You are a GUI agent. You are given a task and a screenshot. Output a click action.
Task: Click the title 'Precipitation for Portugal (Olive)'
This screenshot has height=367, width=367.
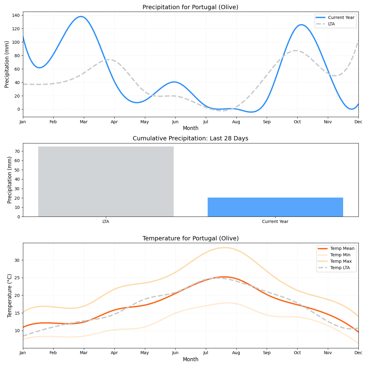click(190, 7)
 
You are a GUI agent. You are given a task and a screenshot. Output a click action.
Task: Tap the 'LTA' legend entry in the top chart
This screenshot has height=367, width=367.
click(331, 24)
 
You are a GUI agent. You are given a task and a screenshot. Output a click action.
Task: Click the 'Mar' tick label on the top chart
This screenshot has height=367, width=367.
click(83, 122)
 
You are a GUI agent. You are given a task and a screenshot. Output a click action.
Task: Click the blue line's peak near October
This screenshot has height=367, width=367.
click(302, 25)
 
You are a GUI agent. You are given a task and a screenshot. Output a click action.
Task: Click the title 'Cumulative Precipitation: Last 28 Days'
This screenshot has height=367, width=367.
click(190, 139)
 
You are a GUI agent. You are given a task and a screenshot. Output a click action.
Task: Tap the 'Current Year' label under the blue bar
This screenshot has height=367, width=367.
click(275, 221)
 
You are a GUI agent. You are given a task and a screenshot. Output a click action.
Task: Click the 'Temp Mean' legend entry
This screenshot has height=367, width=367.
click(342, 248)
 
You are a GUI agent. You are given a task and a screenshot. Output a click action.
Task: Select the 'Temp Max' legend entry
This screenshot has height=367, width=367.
click(341, 261)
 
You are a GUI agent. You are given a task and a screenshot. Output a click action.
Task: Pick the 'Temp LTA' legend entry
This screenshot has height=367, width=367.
click(340, 268)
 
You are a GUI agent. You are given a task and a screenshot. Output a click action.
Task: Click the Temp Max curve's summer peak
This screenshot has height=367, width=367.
click(224, 248)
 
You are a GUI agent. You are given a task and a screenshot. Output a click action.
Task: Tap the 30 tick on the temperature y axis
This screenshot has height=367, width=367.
click(17, 260)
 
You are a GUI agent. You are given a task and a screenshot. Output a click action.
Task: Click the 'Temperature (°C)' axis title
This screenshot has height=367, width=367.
click(10, 295)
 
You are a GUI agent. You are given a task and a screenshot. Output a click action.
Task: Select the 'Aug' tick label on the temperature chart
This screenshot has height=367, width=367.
click(236, 353)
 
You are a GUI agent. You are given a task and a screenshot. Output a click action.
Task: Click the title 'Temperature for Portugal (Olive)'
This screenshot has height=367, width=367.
click(190, 239)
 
